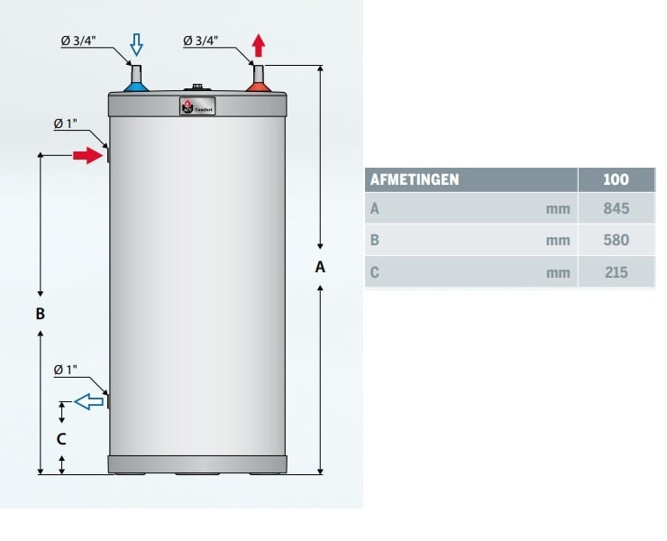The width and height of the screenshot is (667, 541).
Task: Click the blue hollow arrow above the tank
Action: click(136, 44)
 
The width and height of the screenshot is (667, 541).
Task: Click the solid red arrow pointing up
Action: click(260, 44)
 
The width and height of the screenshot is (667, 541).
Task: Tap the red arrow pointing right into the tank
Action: click(87, 156)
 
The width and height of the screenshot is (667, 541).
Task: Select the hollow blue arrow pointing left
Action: click(88, 402)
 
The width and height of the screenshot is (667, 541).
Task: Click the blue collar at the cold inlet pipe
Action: click(135, 87)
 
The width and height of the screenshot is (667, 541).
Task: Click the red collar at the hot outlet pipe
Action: click(260, 87)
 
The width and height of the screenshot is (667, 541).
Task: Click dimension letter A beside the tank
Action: click(320, 267)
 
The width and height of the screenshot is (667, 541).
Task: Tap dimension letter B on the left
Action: click(40, 315)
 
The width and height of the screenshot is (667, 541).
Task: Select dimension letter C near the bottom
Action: click(61, 440)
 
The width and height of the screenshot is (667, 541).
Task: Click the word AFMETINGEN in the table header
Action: click(415, 179)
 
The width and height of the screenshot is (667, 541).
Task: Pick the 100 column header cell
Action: click(616, 179)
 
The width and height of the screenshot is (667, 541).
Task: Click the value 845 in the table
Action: click(616, 209)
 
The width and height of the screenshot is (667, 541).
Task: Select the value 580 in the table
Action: click(616, 241)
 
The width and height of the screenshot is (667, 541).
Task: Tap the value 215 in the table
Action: click(616, 272)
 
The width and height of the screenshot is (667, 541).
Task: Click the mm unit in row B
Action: click(558, 241)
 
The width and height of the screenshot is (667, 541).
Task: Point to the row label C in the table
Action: click(375, 272)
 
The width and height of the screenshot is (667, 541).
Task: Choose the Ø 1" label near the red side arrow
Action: click(66, 124)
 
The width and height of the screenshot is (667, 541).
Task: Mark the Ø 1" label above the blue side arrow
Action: click(66, 370)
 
